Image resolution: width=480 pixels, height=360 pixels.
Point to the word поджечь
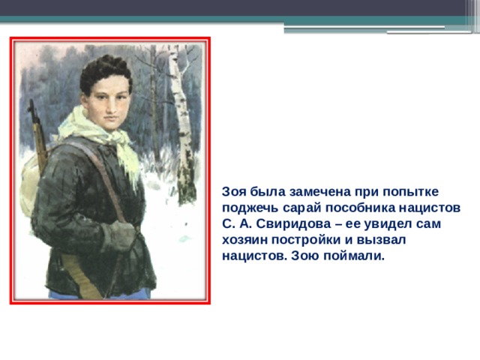pos(250,208)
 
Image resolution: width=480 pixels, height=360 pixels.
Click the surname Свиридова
pos(293,223)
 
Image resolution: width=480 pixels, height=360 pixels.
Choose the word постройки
pos(306,240)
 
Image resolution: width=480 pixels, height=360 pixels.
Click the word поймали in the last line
pos(354,256)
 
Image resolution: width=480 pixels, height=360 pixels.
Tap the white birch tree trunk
pos(181,122)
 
